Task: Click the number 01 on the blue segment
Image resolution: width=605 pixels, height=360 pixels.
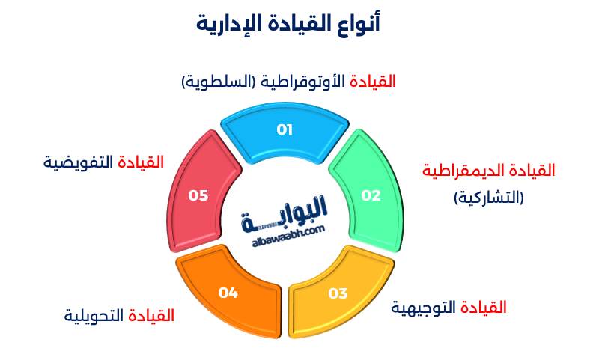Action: tap(285, 129)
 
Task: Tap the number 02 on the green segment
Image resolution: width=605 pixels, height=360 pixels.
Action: tap(371, 195)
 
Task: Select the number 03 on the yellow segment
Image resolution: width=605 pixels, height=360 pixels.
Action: tap(338, 293)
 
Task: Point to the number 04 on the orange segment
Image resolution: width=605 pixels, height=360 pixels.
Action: tap(228, 293)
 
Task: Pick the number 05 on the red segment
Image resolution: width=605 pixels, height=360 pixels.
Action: tap(198, 195)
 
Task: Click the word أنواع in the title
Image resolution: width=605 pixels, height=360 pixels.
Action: tap(359, 23)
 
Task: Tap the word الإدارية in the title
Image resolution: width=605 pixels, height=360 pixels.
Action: tap(222, 24)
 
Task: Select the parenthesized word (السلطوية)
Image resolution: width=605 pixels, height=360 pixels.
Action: tap(219, 82)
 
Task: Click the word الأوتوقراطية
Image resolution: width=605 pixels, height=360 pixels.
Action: tap(302, 82)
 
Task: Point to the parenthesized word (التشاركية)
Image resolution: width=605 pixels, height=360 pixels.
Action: tap(488, 198)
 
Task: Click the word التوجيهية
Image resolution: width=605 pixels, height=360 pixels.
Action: tap(423, 308)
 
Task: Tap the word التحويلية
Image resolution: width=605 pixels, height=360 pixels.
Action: tap(94, 316)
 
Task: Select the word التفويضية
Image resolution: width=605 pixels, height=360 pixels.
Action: tap(78, 162)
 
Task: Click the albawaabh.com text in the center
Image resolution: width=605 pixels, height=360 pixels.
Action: tap(288, 237)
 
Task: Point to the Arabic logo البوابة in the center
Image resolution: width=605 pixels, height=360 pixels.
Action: tap(285, 213)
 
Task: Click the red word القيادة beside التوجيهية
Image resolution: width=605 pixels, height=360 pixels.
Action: tap(483, 308)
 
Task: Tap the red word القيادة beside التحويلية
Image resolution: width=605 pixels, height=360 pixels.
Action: tap(151, 316)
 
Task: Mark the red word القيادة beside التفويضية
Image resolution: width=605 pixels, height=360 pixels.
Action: tap(141, 162)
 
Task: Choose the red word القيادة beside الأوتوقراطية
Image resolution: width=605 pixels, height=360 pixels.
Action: tap(373, 82)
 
